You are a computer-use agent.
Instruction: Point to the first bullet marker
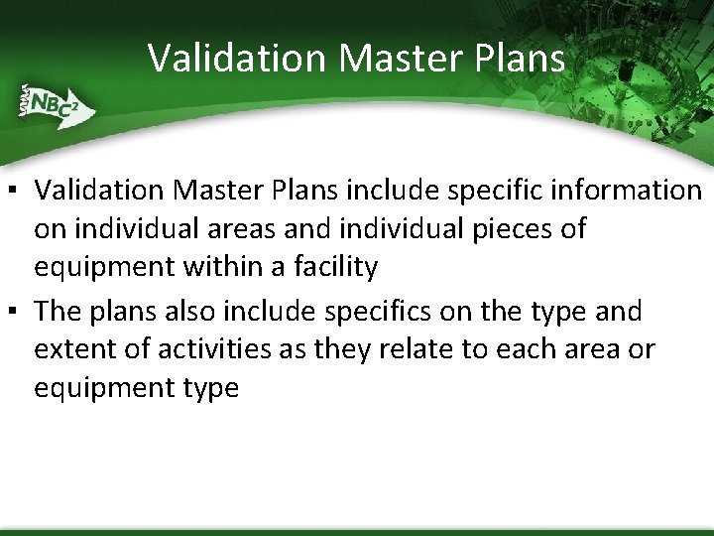tap(18, 190)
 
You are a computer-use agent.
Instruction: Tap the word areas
tap(258, 228)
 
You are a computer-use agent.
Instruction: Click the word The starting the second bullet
tap(58, 311)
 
